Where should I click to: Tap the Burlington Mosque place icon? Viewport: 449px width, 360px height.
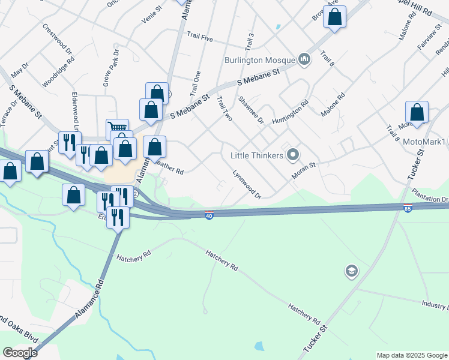tap(304, 59)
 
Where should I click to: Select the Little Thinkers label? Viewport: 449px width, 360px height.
tap(256, 155)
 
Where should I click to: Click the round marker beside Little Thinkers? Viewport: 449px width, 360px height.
tap(293, 155)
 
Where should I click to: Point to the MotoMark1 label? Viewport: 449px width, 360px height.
tap(424, 142)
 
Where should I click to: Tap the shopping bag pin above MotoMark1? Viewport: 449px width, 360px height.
tap(417, 113)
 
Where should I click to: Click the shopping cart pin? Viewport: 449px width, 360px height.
tap(118, 129)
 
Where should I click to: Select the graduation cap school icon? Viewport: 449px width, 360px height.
tap(351, 272)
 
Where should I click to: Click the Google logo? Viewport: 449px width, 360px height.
tap(20, 353)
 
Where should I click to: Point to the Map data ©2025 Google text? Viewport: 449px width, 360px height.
tap(411, 355)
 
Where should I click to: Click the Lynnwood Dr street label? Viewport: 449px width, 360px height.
tap(247, 185)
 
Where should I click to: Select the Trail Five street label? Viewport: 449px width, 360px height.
tap(200, 38)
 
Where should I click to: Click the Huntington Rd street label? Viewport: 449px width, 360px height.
tap(289, 112)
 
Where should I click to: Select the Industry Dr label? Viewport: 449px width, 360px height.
tap(435, 305)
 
